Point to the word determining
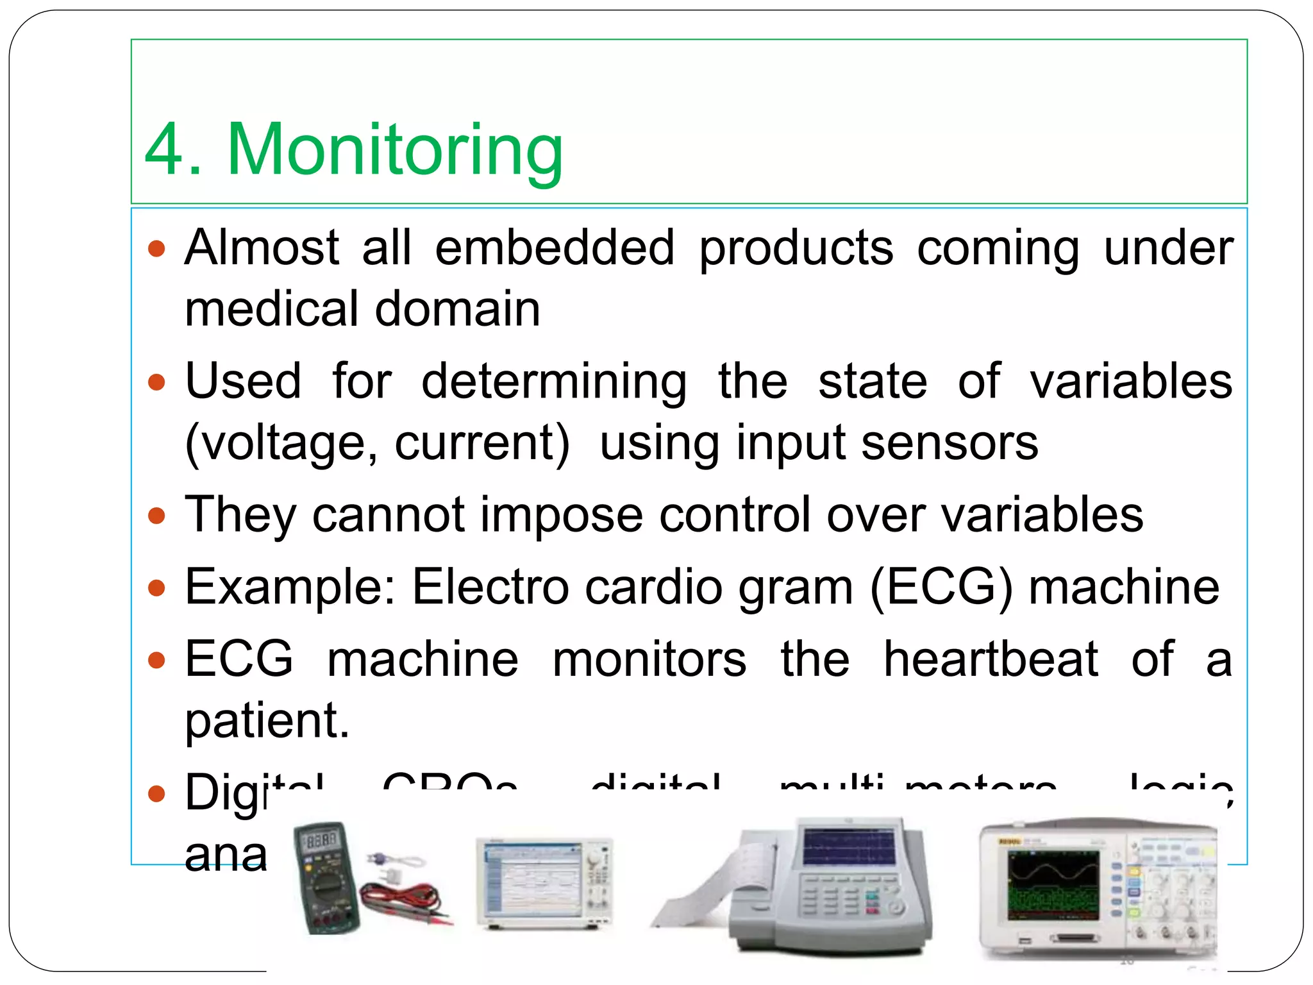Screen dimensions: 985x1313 pos(554,382)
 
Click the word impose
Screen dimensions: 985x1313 pos(562,514)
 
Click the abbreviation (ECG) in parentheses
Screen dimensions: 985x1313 pos(942,586)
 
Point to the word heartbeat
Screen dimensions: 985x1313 pos(991,659)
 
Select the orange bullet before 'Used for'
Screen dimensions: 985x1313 pos(156,383)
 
